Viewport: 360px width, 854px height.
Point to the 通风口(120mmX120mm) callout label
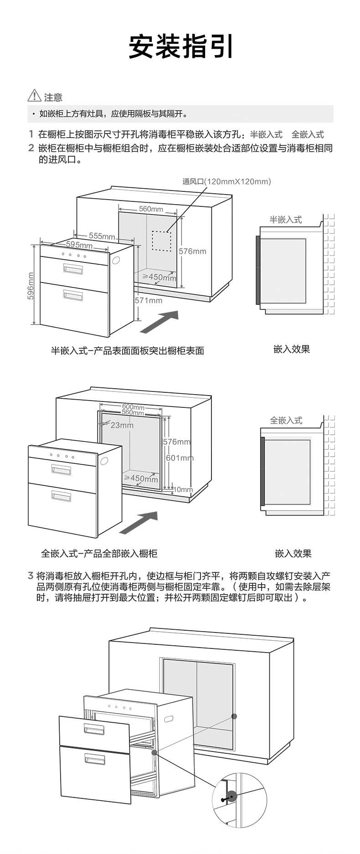click(x=226, y=181)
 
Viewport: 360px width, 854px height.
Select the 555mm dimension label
click(x=102, y=236)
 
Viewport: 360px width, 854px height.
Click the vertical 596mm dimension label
click(x=31, y=286)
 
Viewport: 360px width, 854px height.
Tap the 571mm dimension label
click(x=148, y=300)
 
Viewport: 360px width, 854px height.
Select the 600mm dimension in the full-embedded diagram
click(x=133, y=406)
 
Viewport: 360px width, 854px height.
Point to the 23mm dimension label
click(x=122, y=425)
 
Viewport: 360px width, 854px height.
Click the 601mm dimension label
click(x=180, y=458)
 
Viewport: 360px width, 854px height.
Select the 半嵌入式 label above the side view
click(x=285, y=220)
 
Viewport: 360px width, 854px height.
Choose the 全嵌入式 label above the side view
click(x=286, y=420)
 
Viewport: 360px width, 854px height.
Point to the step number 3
click(x=31, y=576)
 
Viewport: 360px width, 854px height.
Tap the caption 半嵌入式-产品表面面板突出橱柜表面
click(x=127, y=350)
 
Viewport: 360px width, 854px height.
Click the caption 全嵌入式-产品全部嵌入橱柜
click(x=99, y=553)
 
